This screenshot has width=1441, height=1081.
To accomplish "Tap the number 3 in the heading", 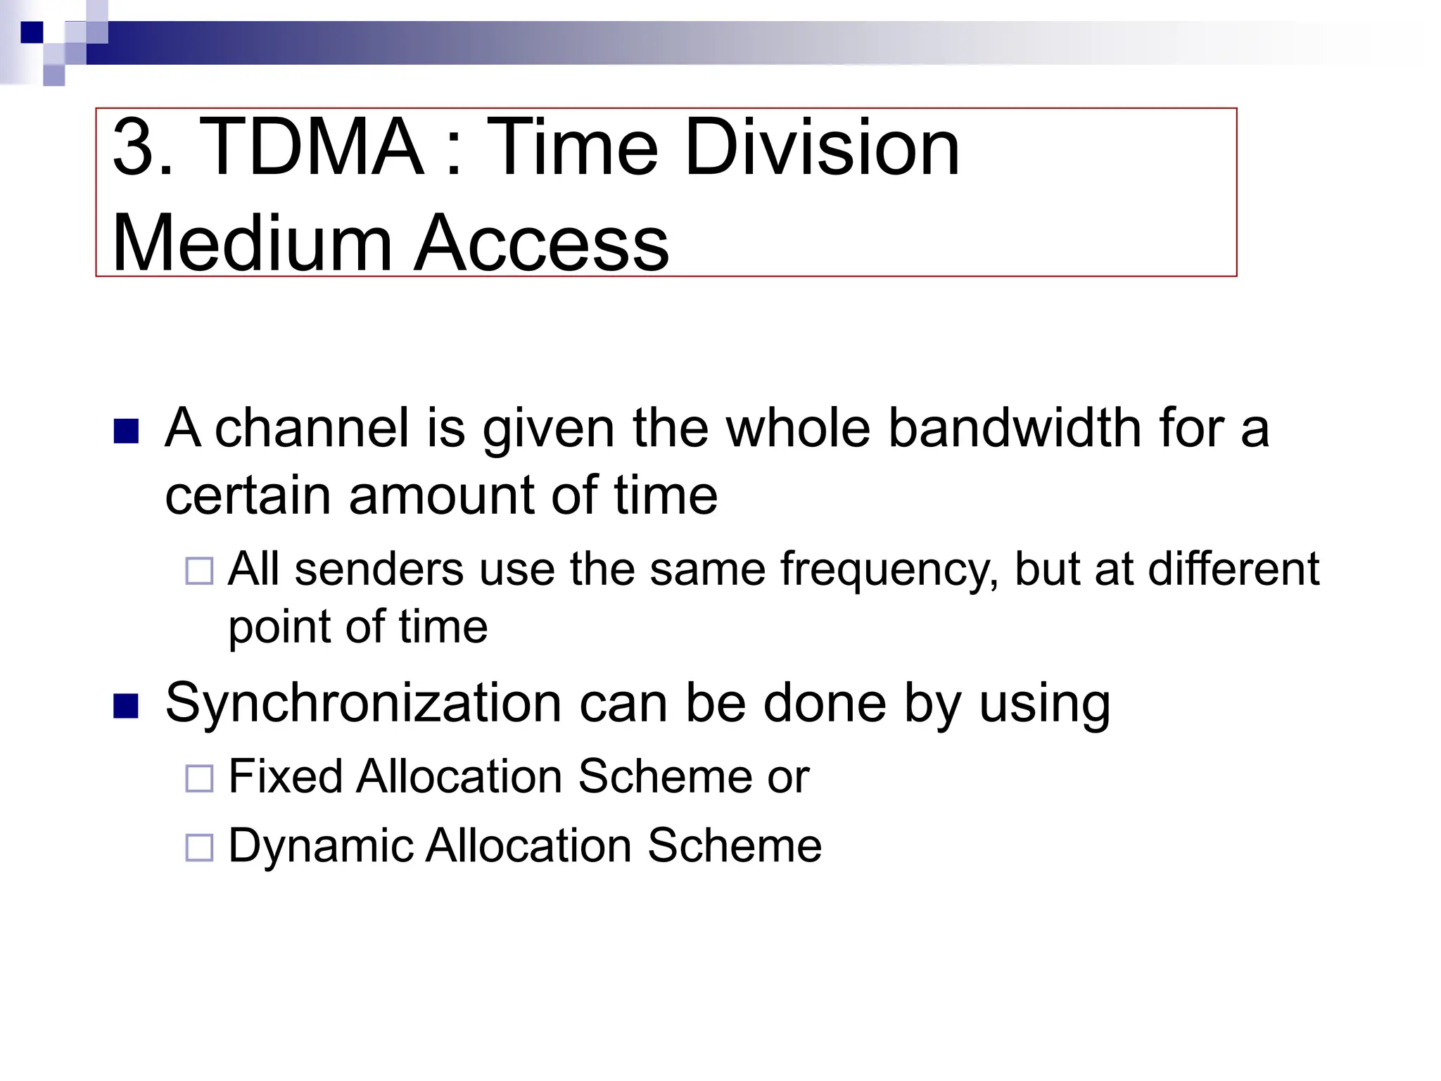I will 134,148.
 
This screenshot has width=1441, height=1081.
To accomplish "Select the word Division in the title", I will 821,148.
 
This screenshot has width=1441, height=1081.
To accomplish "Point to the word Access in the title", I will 541,243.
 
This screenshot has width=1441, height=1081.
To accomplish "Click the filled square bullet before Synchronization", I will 126,705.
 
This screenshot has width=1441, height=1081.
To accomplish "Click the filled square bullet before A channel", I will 126,431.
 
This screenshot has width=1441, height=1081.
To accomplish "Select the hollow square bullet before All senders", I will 199,571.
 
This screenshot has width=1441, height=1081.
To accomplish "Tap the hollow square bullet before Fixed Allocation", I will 199,778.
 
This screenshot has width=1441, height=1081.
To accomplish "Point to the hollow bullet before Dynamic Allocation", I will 199,847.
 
